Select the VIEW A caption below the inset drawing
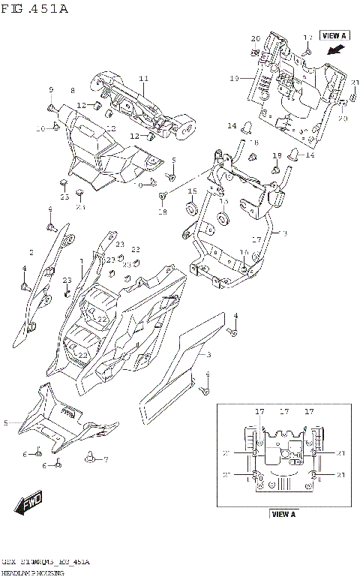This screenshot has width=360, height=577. pos(283,514)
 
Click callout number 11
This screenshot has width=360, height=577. pos(143,79)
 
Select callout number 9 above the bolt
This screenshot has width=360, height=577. pos(52,91)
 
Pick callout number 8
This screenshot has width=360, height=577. pos(73,91)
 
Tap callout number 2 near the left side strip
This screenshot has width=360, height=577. pos(31,252)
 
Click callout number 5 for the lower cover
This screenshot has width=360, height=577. pos(5,423)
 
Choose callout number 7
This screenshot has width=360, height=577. pos(106,459)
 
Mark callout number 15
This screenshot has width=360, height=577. pos(191,191)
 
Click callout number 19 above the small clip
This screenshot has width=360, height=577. pos(276,155)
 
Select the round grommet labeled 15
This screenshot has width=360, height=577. pos(190,206)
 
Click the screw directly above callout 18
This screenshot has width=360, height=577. pos(162,197)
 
